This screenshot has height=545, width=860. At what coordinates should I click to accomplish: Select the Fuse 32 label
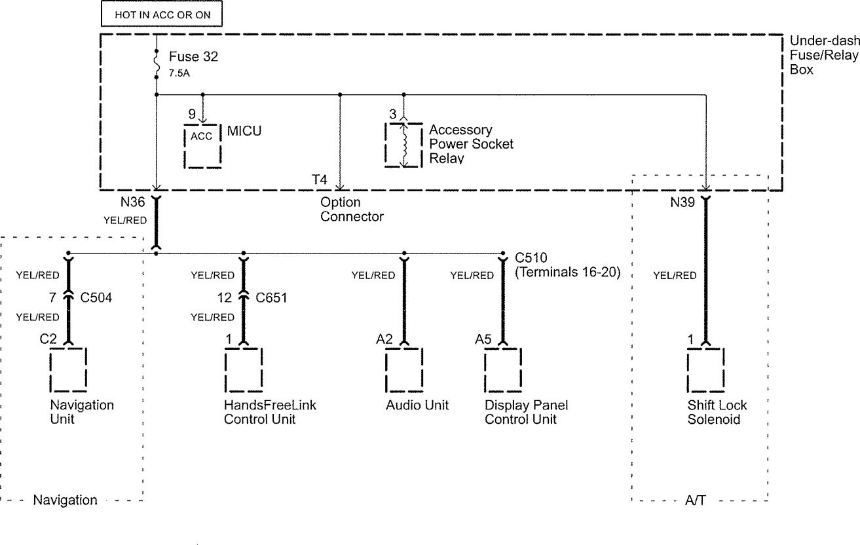coord(193,57)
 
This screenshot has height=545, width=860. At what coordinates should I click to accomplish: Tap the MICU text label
coord(244,131)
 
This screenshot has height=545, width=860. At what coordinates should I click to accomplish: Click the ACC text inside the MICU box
coord(201,136)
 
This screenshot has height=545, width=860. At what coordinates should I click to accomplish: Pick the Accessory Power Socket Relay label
coord(471,143)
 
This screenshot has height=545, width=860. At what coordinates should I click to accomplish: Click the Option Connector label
coord(352,210)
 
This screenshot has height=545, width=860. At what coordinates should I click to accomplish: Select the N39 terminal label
coord(683,203)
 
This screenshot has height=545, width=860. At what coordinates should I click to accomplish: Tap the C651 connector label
coord(272,298)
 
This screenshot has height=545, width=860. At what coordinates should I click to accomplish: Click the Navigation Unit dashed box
coord(68,369)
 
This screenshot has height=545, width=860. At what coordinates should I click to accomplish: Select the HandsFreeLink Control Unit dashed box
coord(244,369)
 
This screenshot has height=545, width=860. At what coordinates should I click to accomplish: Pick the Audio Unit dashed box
coord(403,369)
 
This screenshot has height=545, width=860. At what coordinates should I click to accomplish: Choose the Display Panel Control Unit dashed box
coord(503,369)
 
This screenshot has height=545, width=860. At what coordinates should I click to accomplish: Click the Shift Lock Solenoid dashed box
coord(705,369)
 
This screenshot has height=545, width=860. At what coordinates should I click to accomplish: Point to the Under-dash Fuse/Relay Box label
coord(823,55)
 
